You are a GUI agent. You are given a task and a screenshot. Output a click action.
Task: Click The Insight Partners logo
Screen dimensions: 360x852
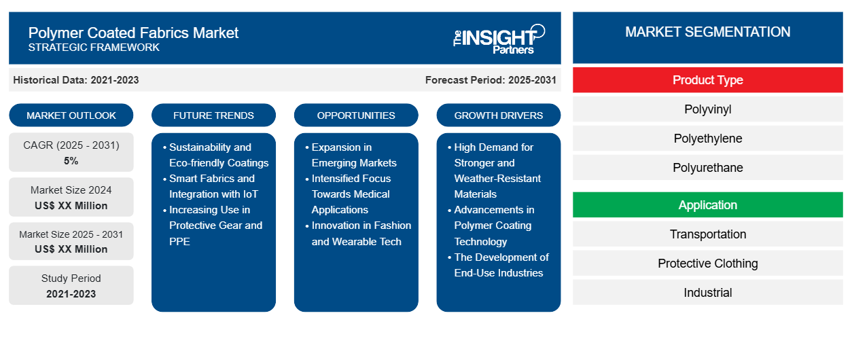pyautogui.click(x=499, y=38)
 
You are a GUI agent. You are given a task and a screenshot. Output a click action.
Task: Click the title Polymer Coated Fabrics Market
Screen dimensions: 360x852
pyautogui.click(x=133, y=33)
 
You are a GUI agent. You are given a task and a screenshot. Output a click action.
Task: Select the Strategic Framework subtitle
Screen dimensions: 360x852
pyautogui.click(x=94, y=48)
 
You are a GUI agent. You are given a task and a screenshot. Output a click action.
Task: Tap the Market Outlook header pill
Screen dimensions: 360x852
pyautogui.click(x=71, y=115)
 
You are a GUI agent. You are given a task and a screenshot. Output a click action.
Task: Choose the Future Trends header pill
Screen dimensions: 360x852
pyautogui.click(x=213, y=115)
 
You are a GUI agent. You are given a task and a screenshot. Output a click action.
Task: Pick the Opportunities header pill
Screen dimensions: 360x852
pyautogui.click(x=356, y=115)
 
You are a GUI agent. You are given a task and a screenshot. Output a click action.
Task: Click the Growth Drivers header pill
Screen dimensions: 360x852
pyautogui.click(x=499, y=115)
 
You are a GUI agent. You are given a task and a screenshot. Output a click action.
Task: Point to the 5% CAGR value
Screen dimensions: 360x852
pyautogui.click(x=71, y=161)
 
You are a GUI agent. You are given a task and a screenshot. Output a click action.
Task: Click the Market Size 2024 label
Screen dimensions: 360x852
pyautogui.click(x=71, y=190)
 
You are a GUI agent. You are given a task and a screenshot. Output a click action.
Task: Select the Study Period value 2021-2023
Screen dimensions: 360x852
pyautogui.click(x=71, y=294)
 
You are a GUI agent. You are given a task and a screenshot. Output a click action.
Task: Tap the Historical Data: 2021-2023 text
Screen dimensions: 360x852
pyautogui.click(x=76, y=80)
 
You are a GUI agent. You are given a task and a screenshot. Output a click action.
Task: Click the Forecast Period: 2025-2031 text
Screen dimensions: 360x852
pyautogui.click(x=491, y=80)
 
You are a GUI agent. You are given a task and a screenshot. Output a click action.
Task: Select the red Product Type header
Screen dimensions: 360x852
pyautogui.click(x=707, y=80)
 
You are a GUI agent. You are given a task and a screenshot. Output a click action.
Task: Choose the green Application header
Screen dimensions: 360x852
pyautogui.click(x=707, y=205)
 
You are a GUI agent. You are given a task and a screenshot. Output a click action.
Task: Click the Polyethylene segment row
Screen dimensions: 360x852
pyautogui.click(x=707, y=139)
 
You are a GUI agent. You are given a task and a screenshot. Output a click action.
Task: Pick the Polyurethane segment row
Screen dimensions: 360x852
pyautogui.click(x=707, y=168)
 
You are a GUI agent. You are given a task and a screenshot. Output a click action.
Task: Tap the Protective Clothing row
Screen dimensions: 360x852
pyautogui.click(x=707, y=264)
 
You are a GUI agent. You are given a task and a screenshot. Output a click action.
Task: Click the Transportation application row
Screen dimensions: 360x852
pyautogui.click(x=707, y=234)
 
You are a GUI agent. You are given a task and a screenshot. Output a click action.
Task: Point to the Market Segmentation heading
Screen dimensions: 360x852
pyautogui.click(x=707, y=32)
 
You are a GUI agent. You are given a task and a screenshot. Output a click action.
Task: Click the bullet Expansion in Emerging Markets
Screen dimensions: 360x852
pyautogui.click(x=354, y=155)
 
